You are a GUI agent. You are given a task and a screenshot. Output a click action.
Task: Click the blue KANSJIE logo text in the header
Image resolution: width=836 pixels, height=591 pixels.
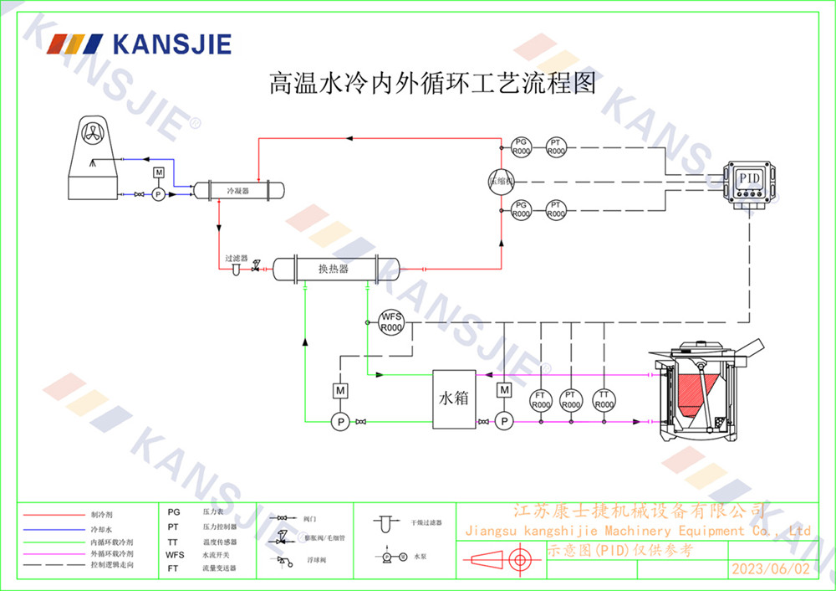pos(171,44)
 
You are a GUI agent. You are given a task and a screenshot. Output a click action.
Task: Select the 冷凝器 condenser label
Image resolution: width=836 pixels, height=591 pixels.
pos(238,191)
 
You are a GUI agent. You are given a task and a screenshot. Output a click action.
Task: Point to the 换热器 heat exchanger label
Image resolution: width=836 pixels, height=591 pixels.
pos(333,269)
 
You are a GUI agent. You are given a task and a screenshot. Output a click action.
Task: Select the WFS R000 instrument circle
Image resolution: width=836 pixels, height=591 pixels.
pos(391,322)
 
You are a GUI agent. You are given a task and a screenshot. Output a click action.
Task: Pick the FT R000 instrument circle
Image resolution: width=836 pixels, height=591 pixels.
pos(541,400)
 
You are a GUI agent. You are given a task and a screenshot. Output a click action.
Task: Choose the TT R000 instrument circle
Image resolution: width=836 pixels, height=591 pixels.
pos(603,400)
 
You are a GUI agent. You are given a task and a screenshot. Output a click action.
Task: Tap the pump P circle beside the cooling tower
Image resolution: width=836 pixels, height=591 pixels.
pos(158,194)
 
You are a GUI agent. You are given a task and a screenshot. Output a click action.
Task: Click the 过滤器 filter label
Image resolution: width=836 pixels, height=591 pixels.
pos(237,259)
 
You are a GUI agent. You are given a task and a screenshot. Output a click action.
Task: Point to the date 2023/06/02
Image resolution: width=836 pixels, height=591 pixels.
pos(771,568)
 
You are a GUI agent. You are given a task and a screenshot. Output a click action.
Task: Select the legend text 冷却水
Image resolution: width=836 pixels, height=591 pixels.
pos(101,530)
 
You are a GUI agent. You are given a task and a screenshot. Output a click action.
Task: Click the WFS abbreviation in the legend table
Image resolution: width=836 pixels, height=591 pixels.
pos(175,554)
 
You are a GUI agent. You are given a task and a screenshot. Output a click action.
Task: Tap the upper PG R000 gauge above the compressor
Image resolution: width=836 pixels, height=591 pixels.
pos(521,146)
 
